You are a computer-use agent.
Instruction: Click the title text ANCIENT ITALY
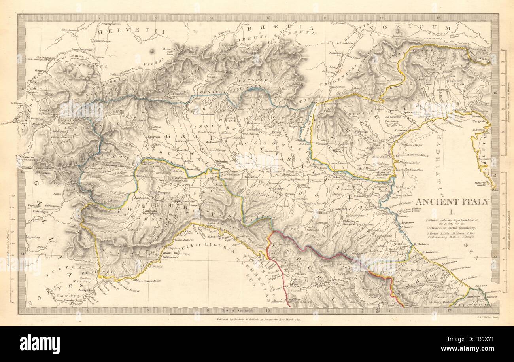453,201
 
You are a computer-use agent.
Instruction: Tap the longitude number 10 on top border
268,18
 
